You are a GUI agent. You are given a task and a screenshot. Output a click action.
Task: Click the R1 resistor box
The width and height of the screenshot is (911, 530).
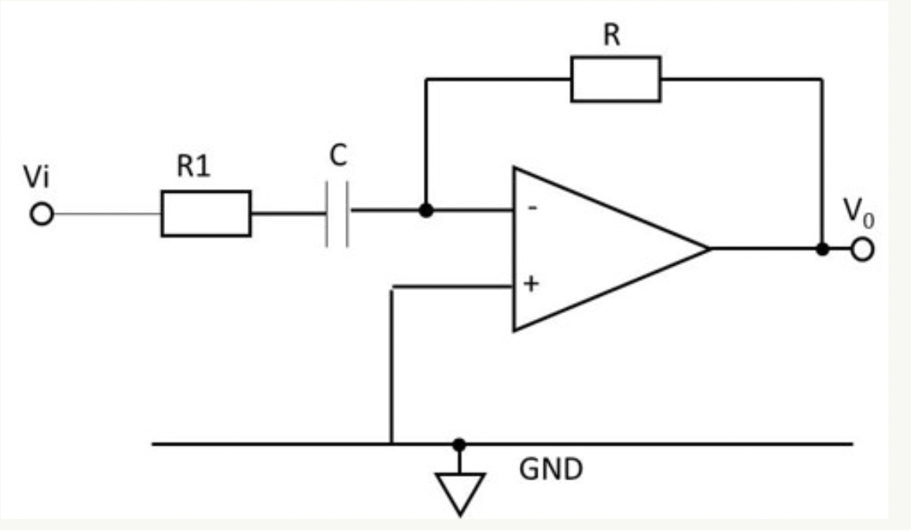[x=206, y=213]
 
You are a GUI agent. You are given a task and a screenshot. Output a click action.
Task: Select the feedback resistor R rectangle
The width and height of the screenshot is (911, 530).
[x=616, y=78]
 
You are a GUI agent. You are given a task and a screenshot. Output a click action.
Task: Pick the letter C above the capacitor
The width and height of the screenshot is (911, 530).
[x=337, y=156]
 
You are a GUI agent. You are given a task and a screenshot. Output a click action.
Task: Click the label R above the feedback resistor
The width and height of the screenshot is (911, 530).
[x=612, y=36]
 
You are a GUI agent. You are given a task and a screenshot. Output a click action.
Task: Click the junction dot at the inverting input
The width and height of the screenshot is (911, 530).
[x=425, y=210]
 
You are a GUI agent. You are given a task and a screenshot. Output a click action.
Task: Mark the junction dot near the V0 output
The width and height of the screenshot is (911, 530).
[x=823, y=250]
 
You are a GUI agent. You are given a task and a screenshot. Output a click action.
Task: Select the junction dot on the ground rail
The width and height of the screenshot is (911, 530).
[x=459, y=444]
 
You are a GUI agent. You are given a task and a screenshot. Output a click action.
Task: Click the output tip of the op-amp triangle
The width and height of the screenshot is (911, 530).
[x=708, y=249]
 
